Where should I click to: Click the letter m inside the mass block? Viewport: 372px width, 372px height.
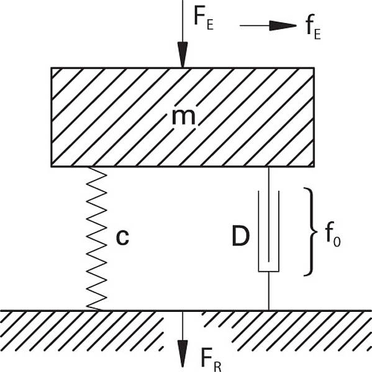tap(183, 117)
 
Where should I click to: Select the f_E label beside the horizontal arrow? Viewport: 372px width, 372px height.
tap(313, 27)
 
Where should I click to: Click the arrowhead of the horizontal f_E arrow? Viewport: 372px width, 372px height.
tap(283, 25)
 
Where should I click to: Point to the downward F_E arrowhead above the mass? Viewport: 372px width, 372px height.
tap(183, 55)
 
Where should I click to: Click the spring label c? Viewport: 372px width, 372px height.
tap(122, 237)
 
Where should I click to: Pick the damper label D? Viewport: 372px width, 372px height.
tap(240, 237)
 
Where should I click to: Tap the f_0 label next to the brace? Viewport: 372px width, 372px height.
tap(333, 234)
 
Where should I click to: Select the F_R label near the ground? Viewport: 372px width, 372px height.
tap(211, 360)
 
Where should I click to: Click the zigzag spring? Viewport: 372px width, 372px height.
tap(96, 239)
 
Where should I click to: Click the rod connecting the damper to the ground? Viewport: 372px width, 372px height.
tap(269, 291)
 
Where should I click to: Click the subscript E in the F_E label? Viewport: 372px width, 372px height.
tap(210, 25)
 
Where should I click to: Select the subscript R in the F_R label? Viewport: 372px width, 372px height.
tap(218, 367)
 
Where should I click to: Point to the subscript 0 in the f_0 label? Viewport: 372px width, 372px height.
tap(337, 242)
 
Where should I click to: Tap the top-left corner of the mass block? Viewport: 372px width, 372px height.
tap(52, 68)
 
